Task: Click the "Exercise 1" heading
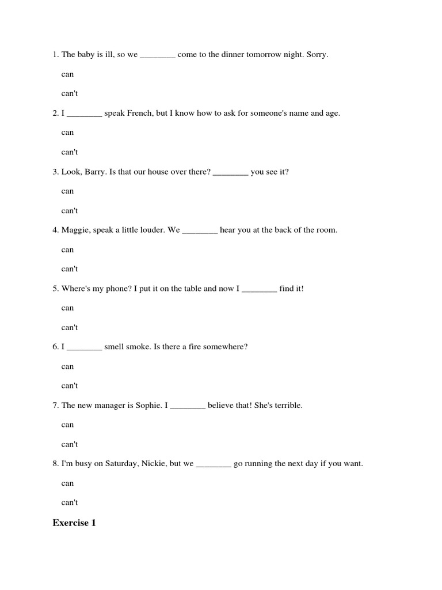[x=74, y=523]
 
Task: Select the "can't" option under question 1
[x=69, y=93]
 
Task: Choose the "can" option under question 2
[x=67, y=133]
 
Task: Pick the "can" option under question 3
[x=67, y=191]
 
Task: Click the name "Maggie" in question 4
[x=74, y=230]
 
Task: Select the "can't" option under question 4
[x=69, y=269]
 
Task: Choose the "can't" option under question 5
[x=69, y=328]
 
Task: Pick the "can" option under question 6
[x=67, y=366]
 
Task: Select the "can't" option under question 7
[x=69, y=444]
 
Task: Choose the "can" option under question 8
[x=67, y=483]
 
